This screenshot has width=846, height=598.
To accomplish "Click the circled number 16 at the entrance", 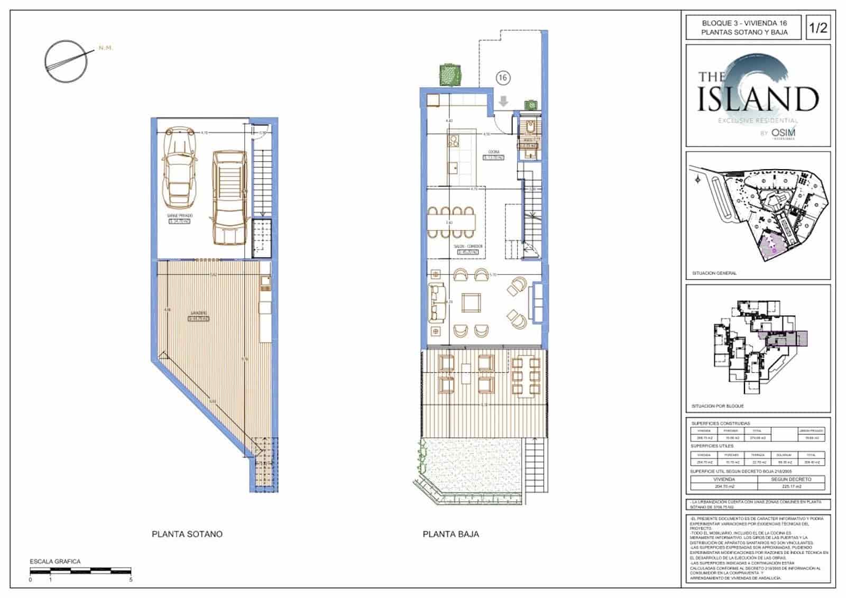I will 503,78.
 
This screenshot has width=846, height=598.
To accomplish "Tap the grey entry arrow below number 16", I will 503,101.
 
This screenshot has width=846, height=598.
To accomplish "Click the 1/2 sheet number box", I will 817,27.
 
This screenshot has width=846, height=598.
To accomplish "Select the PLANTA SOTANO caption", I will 187,534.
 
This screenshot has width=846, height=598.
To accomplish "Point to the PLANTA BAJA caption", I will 450,534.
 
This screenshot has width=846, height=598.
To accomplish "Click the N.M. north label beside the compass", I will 106,48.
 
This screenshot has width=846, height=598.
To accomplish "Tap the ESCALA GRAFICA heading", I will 55,562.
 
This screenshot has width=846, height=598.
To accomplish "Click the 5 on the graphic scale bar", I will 131,579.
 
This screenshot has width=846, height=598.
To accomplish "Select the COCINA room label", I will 494,152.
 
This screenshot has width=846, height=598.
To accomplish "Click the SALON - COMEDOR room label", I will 468,246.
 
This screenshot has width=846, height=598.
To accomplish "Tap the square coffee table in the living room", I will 471,303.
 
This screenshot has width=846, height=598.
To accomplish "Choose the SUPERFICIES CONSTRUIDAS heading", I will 720,424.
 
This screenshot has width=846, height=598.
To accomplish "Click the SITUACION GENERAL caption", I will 714,273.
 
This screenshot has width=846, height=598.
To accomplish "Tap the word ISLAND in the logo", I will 758,98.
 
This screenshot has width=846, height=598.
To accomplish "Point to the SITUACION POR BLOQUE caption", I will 718,406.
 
